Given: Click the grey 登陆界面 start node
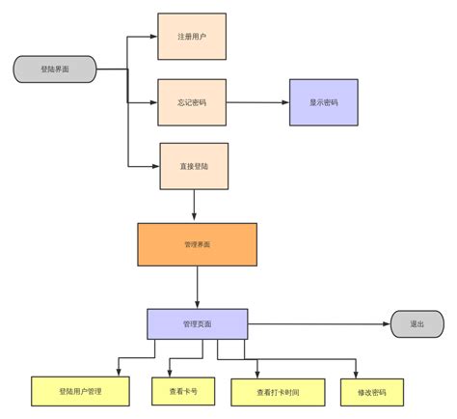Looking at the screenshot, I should [55, 70].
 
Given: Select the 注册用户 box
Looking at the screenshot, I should [192, 37].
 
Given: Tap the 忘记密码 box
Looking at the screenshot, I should [192, 102].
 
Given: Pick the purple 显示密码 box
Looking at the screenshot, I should [323, 102].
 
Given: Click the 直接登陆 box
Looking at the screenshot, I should [193, 166].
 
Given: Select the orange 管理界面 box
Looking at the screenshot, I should [197, 244].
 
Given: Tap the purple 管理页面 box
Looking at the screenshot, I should [197, 324].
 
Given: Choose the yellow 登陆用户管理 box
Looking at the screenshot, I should [80, 391].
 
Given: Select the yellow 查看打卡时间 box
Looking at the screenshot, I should [278, 392].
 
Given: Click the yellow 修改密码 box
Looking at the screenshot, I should [371, 392].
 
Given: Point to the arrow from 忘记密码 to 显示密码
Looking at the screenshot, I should [257, 102].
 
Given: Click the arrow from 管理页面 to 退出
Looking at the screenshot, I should [318, 324].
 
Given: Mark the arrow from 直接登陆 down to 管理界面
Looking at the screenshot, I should [195, 205].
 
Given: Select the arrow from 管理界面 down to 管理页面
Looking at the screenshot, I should [198, 287].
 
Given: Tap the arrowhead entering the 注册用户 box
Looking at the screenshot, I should [154, 37].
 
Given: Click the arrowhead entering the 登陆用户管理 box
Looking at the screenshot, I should [119, 372].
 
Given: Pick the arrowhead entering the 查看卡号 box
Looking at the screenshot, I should [171, 373].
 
